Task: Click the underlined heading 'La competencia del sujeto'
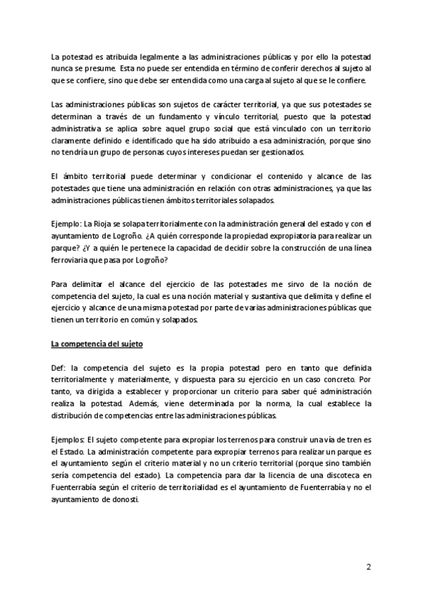[x=97, y=344]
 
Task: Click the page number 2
[x=368, y=566]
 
